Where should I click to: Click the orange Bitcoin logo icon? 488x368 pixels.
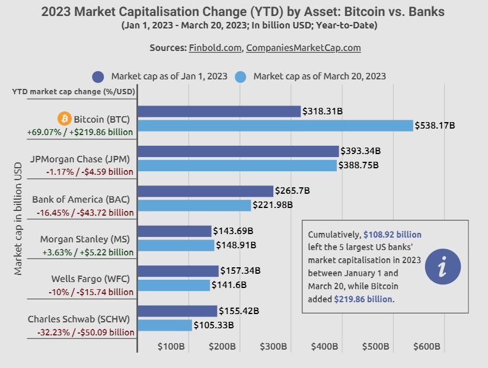click(64, 119)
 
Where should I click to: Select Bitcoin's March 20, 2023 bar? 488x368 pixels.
click(275, 126)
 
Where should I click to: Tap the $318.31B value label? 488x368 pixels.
click(323, 111)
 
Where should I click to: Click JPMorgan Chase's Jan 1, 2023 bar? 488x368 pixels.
click(238, 151)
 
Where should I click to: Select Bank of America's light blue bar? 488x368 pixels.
click(194, 205)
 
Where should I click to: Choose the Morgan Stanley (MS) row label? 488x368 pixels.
click(85, 239)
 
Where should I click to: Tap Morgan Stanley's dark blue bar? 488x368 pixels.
click(174, 231)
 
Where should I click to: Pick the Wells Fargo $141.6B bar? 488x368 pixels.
click(174, 285)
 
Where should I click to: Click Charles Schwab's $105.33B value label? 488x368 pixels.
click(213, 325)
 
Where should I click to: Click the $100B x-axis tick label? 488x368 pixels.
click(171, 346)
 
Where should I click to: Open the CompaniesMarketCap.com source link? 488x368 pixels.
click(303, 48)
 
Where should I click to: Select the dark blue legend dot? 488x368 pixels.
click(98, 76)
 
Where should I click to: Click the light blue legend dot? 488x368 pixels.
click(240, 76)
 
